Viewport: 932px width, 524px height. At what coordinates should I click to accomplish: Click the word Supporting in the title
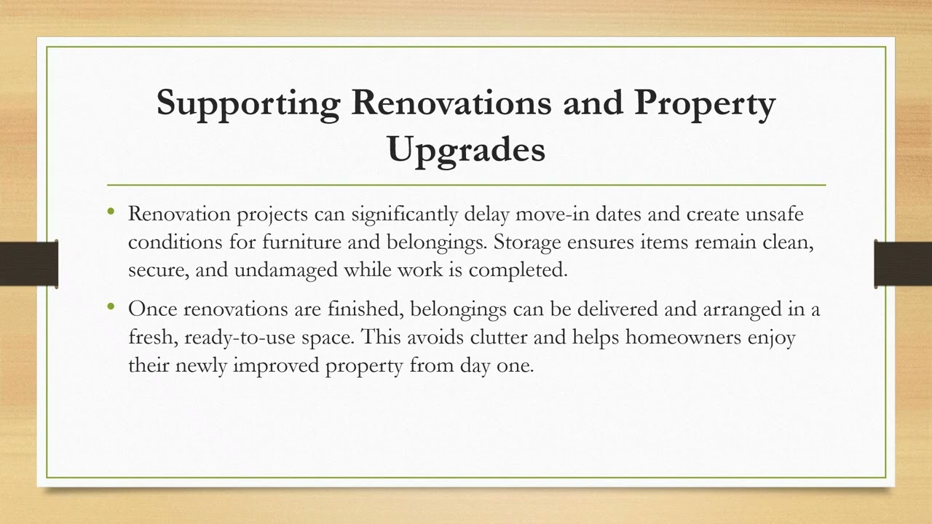click(x=248, y=103)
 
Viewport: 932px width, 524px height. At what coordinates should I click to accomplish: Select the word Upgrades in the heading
click(x=466, y=149)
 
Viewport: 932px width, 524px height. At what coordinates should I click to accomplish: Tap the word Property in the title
click(x=705, y=103)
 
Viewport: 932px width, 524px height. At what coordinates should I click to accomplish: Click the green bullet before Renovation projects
click(x=111, y=212)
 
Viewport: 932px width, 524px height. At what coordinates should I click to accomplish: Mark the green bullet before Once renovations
click(x=111, y=306)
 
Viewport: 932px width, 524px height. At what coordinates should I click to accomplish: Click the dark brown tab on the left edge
click(x=28, y=263)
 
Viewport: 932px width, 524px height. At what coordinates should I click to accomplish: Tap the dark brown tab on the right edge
click(x=903, y=263)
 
